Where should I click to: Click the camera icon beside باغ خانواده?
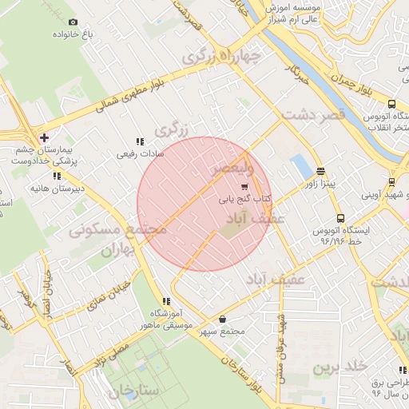click(x=73, y=22)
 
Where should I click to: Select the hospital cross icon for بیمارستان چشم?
click(x=44, y=137)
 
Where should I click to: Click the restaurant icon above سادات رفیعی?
click(x=140, y=141)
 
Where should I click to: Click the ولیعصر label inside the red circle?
click(x=232, y=170)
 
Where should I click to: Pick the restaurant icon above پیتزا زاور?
click(x=321, y=171)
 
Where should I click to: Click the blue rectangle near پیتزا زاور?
click(x=302, y=167)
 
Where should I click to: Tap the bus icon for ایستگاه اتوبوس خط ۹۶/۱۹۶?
click(x=341, y=218)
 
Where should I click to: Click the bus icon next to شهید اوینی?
click(x=391, y=181)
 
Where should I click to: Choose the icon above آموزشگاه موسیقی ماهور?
click(x=167, y=301)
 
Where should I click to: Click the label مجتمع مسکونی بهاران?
click(x=118, y=239)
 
